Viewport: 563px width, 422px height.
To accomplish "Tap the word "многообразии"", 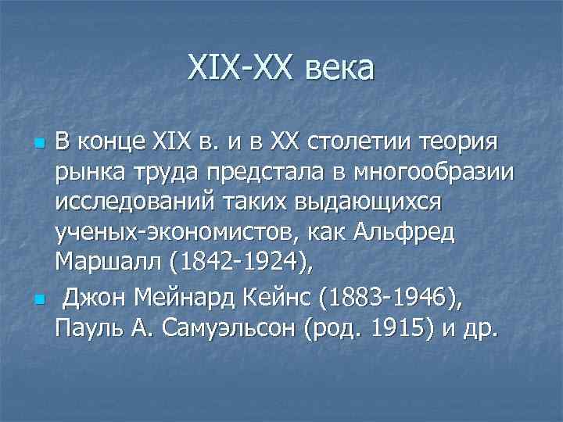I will click(x=438, y=173).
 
